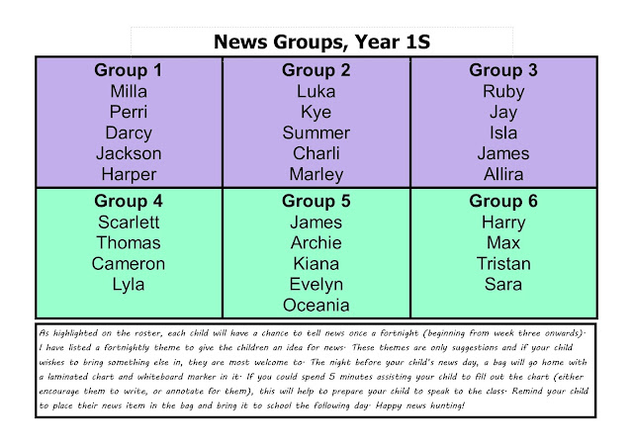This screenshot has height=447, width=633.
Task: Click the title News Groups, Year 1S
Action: [321, 42]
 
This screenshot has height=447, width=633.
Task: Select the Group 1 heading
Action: [129, 70]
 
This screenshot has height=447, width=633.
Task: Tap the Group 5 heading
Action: [316, 201]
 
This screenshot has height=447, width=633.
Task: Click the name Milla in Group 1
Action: [129, 91]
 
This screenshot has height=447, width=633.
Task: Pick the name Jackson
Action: [129, 153]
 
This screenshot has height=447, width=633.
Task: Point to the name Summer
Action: [316, 133]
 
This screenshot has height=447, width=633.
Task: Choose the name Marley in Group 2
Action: [316, 175]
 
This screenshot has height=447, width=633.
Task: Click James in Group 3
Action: [503, 153]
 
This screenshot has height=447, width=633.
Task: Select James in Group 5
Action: [316, 223]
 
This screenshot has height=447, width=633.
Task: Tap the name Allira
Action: [503, 174]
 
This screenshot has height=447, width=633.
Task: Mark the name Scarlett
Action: [129, 223]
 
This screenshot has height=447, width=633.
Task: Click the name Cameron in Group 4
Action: [129, 264]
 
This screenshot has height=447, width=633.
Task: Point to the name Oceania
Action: [316, 306]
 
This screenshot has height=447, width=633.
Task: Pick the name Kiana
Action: [316, 264]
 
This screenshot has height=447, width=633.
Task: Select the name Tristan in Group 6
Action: [503, 264]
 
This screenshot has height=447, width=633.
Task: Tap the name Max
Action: [503, 243]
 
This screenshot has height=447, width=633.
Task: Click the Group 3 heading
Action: [503, 70]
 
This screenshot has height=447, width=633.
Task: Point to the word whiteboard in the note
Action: [161, 377]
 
